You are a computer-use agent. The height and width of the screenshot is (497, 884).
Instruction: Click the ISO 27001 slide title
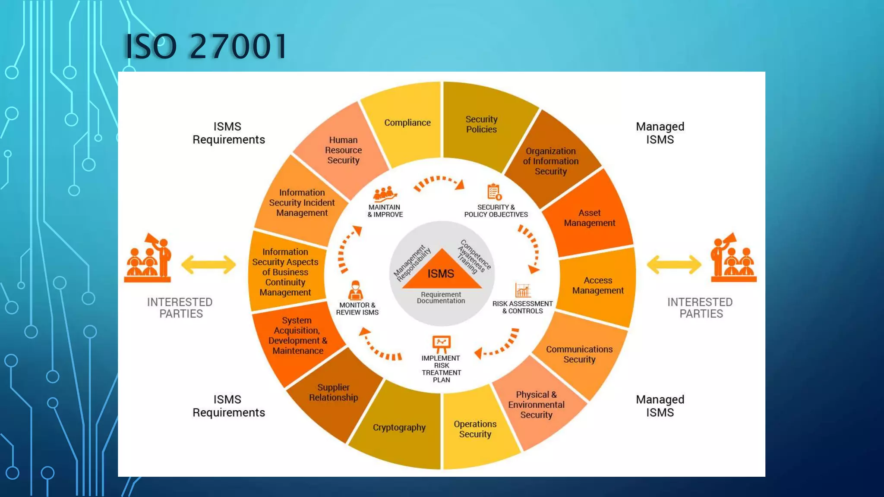pos(205,46)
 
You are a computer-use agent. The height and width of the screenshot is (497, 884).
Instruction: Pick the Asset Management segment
pos(589,218)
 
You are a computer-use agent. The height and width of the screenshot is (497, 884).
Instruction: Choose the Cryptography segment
pos(399,428)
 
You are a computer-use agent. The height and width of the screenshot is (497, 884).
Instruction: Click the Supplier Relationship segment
pos(333,393)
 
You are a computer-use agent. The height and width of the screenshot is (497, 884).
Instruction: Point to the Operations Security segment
pos(475,429)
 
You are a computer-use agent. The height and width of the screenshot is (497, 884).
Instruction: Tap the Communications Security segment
pos(579,354)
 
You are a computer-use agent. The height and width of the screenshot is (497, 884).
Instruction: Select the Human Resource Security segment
pos(343,150)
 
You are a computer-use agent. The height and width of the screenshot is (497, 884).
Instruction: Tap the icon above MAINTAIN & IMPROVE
pos(385,194)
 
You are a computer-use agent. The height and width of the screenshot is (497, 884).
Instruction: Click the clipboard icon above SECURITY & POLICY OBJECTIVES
pos(494,192)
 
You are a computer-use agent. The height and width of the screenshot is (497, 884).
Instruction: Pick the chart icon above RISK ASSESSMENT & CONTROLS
pos(522,290)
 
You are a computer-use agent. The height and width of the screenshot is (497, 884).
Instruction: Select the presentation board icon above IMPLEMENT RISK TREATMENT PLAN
pos(441,344)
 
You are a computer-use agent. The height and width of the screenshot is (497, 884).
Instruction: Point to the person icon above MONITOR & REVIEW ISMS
pos(356,290)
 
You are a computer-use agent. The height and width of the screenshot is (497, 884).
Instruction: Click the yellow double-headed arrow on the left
pos(208,264)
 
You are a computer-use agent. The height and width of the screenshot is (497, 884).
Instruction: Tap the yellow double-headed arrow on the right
pos(674,264)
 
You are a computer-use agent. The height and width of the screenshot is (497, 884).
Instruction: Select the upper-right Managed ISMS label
pos(660,133)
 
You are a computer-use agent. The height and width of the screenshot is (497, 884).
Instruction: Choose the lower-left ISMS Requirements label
pos(228,406)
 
